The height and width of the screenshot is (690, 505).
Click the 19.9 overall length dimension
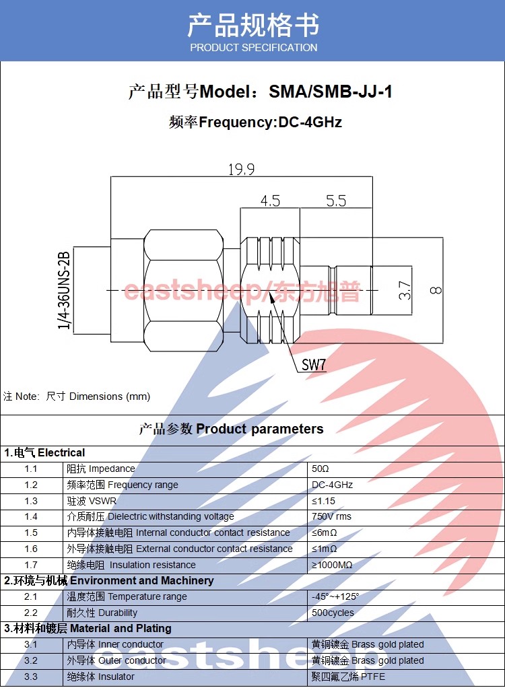[x=241, y=169]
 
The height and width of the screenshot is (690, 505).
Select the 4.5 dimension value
[x=270, y=201]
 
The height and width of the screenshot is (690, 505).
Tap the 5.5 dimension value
[x=336, y=201]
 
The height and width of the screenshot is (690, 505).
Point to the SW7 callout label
[x=314, y=365]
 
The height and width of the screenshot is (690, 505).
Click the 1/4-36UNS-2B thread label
[x=64, y=290]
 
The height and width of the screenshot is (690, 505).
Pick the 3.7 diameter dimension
[x=405, y=290]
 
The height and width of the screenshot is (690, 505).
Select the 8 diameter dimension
[x=436, y=290]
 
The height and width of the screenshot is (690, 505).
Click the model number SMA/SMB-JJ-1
[x=330, y=92]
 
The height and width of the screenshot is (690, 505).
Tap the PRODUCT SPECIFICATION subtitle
[x=254, y=48]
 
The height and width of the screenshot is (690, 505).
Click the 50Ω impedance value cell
[x=320, y=469]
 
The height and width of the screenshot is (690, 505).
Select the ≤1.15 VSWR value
[x=323, y=502]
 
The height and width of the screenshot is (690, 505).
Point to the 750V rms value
[x=331, y=516]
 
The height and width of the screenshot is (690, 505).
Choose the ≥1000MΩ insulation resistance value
[x=332, y=565]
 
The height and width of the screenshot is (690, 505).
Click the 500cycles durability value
[x=333, y=613]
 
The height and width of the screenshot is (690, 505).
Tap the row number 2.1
[x=31, y=596]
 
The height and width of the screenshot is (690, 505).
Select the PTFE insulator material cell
[x=348, y=677]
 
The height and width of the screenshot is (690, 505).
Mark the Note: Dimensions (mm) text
[x=77, y=396]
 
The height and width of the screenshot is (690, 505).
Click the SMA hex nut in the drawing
[x=184, y=290]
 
